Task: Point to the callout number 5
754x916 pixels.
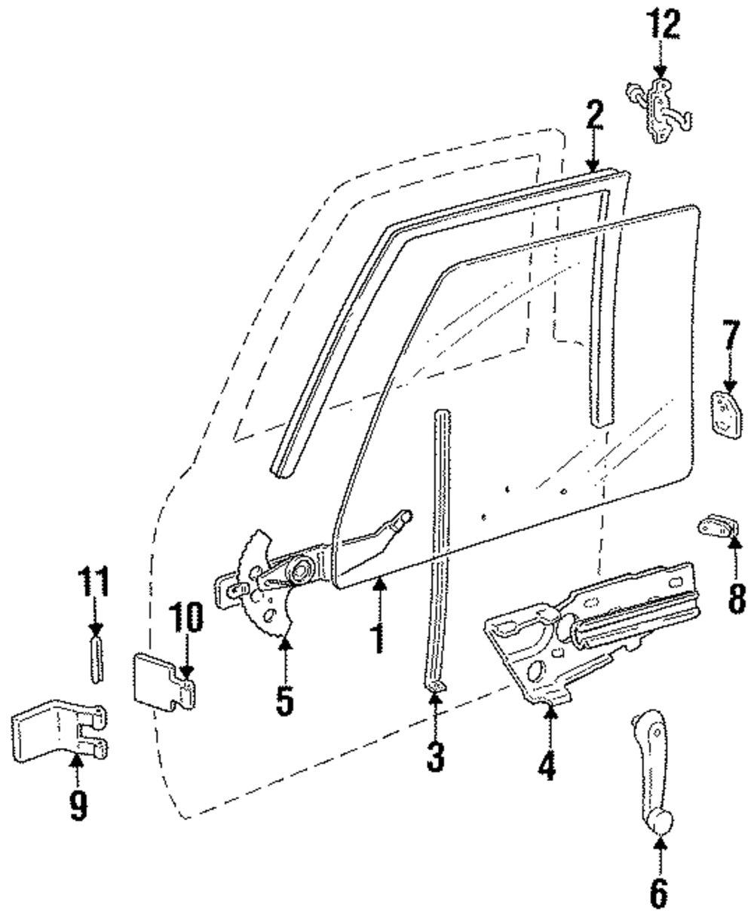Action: (x=284, y=700)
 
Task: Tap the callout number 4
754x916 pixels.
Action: (x=547, y=763)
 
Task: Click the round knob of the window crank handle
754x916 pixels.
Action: (x=659, y=822)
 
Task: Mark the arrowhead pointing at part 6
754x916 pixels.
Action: (x=660, y=845)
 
